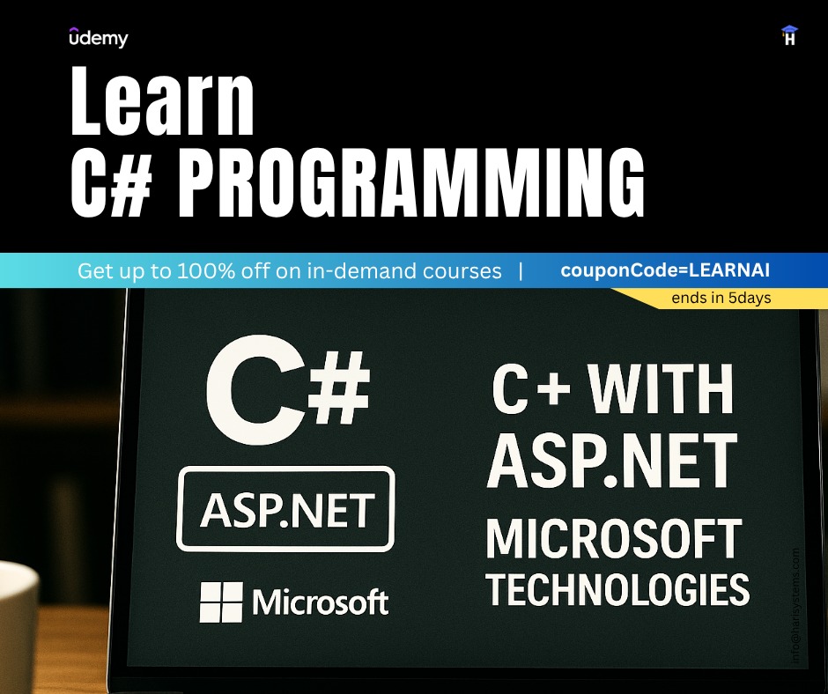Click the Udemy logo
click(x=98, y=38)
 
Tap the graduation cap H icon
click(x=789, y=36)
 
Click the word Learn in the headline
click(x=162, y=103)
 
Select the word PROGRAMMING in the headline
click(x=412, y=184)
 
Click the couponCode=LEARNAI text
click(x=671, y=270)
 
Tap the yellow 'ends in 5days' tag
click(x=721, y=298)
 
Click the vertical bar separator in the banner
click(x=521, y=270)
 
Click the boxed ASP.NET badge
click(x=286, y=509)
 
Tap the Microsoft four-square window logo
click(x=221, y=602)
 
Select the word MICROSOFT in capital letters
click(x=614, y=540)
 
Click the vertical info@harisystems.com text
click(x=796, y=605)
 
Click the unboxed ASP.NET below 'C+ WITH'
click(x=613, y=463)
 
